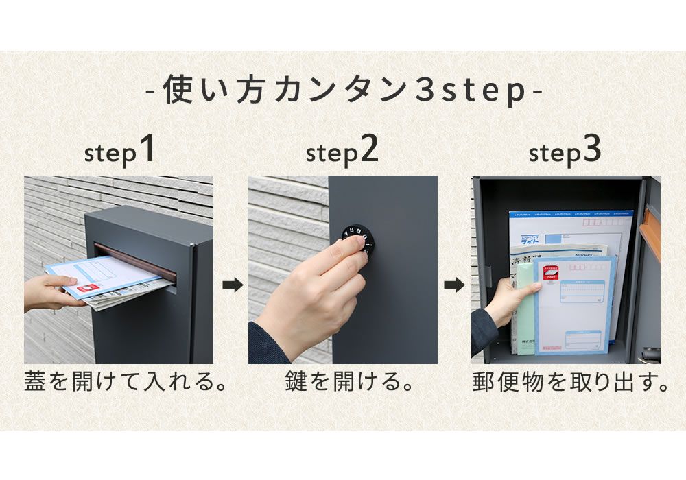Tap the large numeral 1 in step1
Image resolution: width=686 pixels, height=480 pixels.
tap(145, 150)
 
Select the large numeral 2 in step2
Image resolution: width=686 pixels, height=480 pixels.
tap(368, 150)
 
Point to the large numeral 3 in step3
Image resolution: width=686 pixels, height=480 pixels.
tap(591, 150)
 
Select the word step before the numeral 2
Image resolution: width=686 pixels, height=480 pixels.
tap(332, 154)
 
